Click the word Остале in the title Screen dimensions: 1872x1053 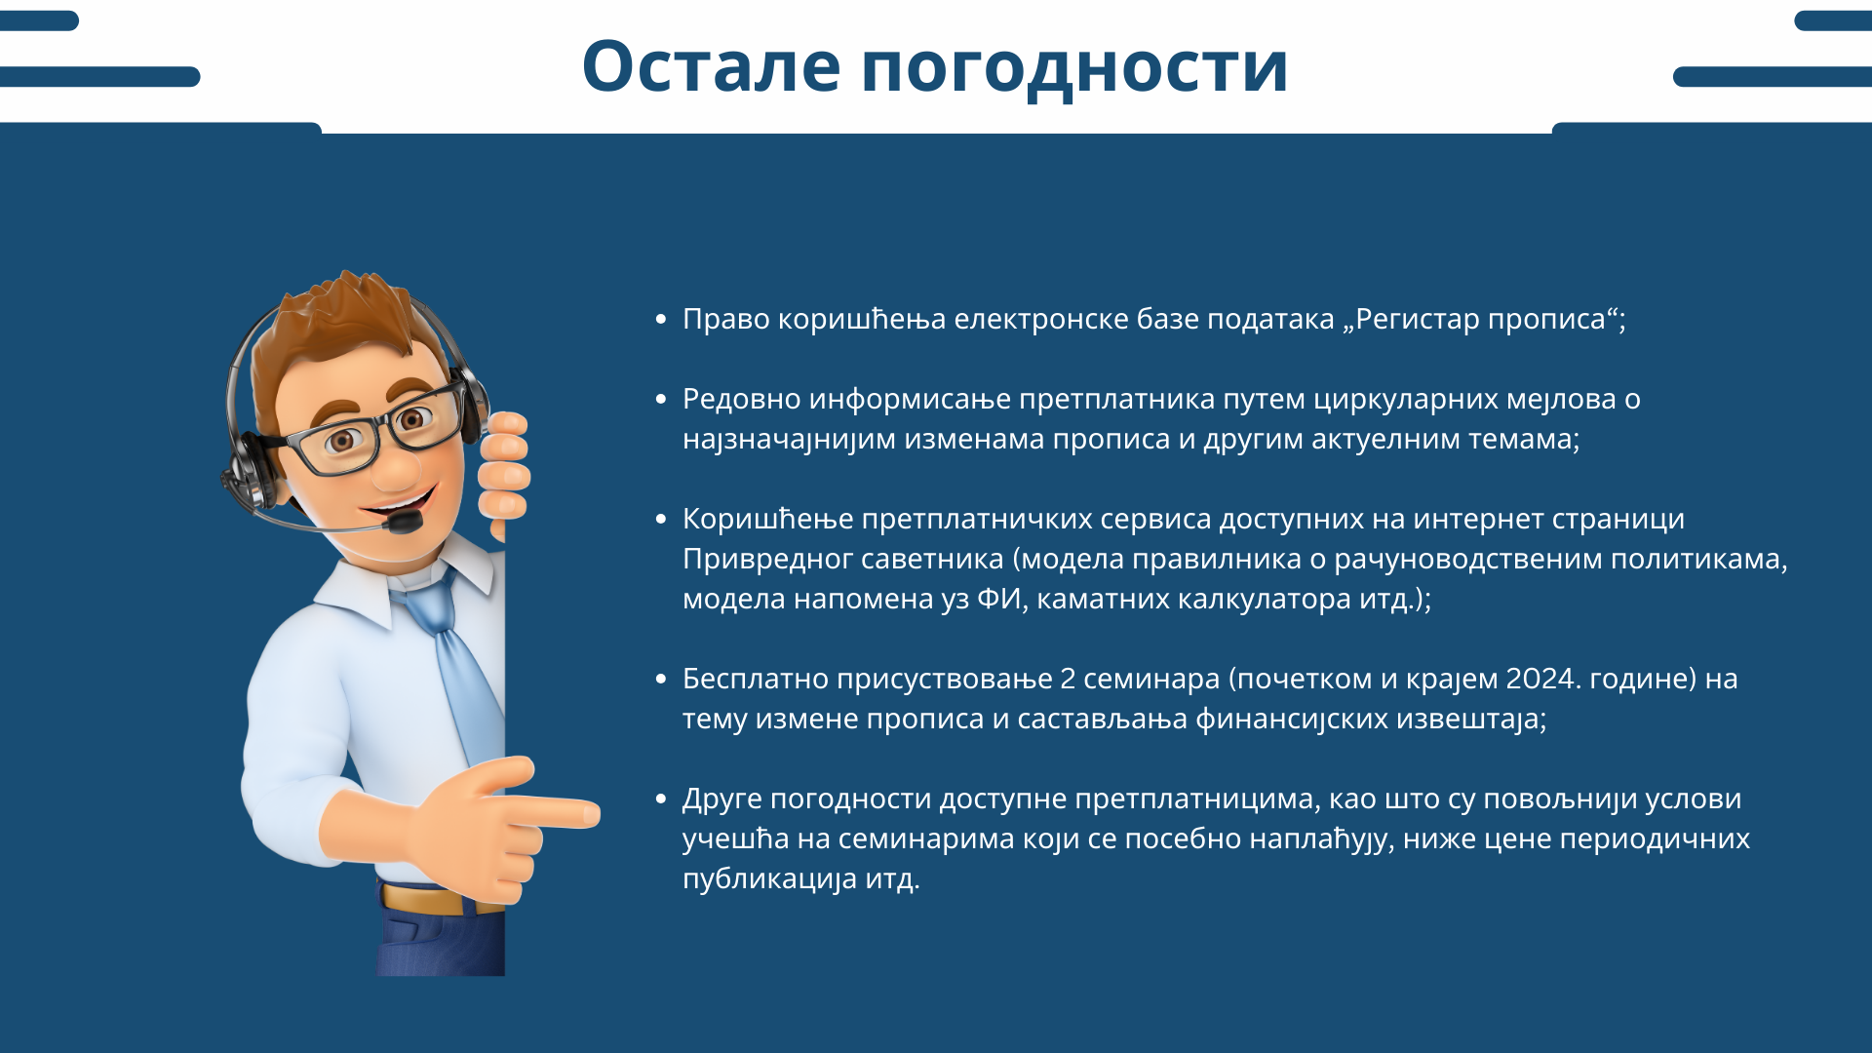711,66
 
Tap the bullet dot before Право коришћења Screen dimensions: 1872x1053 661,319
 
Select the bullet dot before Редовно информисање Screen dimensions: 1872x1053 661,399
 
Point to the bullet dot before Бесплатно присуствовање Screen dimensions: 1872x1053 661,679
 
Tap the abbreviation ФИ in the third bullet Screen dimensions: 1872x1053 998,599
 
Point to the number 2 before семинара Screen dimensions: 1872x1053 1068,679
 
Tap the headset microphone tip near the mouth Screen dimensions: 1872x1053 404,523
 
